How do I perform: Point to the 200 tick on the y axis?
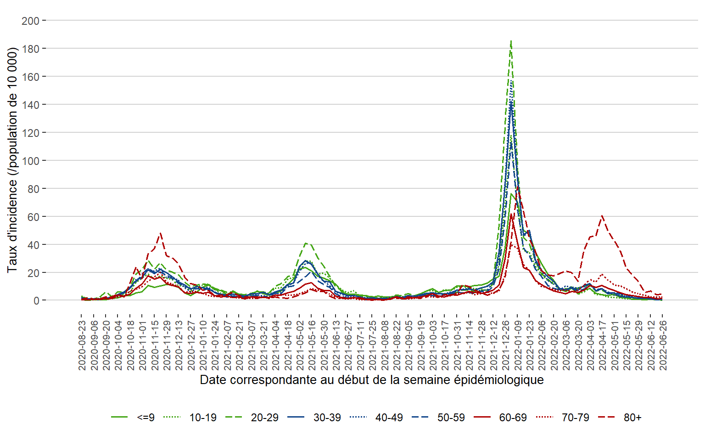(x=30, y=21)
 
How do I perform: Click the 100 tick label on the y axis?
(x=30, y=161)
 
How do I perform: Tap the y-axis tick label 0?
(x=36, y=301)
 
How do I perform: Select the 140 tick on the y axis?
(x=30, y=105)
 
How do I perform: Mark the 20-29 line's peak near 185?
(x=511, y=41)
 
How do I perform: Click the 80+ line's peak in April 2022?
(x=602, y=215)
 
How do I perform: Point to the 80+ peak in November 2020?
(x=160, y=233)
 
